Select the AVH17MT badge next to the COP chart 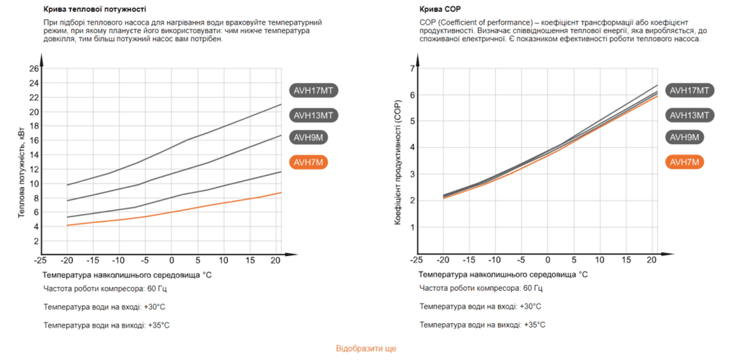pos(690,90)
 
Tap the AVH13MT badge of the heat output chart pos(313,115)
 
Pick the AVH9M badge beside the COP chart pos(684,137)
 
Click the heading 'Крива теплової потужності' pos(95,9)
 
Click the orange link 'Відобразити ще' pos(366,349)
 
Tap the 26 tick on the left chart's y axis pos(34,68)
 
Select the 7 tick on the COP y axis pos(411,69)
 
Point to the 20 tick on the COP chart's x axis pos(652,261)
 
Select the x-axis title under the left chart pos(127,275)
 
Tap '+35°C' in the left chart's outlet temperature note pos(159,325)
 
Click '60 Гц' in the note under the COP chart pos(532,288)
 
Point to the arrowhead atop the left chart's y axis pos(42,61)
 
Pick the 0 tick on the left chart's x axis pos(171,261)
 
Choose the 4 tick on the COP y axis pos(411,148)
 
